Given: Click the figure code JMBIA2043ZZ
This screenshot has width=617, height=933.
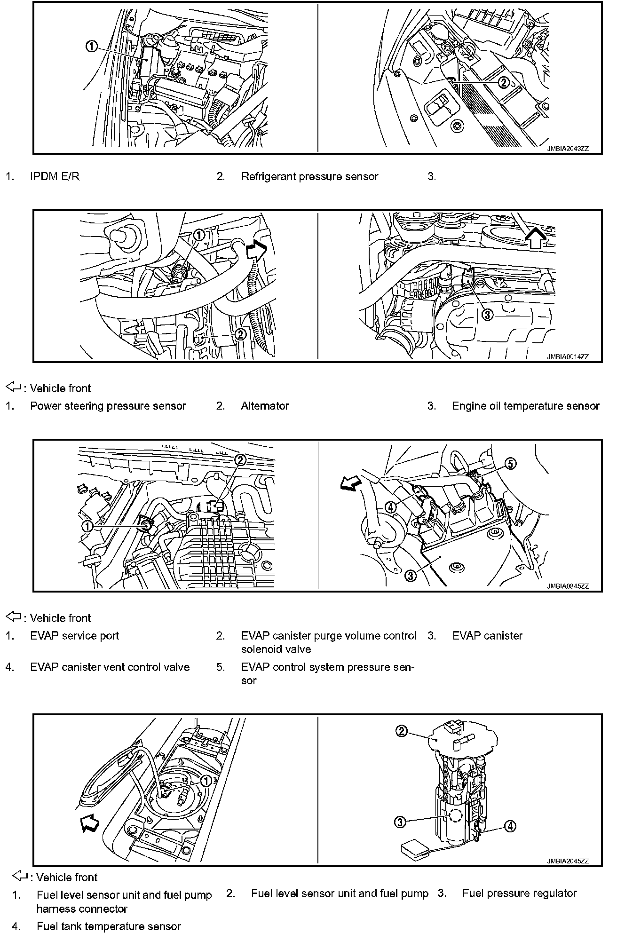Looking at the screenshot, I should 568,148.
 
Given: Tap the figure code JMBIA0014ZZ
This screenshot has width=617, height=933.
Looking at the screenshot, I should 568,357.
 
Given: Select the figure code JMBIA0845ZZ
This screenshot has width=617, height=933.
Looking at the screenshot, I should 568,586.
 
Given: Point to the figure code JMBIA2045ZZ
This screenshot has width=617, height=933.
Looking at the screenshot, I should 568,861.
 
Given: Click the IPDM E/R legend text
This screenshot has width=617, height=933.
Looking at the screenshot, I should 55,177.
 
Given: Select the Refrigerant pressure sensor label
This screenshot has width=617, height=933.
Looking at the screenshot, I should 309,177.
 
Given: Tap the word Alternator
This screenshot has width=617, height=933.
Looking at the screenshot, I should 265,406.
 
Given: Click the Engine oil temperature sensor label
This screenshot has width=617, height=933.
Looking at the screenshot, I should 525,406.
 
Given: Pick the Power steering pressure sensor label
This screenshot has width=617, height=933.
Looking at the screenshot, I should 108,406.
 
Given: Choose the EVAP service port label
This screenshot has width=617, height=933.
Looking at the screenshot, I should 74,636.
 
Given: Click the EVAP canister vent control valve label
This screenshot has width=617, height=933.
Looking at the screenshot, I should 110,667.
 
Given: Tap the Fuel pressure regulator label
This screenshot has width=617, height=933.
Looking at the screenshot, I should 519,893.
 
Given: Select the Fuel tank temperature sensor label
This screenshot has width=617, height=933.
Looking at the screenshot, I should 108,926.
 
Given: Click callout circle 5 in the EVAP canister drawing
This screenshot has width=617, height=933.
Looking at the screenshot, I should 511,464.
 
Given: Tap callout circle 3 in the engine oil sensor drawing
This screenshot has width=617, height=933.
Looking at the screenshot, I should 488,315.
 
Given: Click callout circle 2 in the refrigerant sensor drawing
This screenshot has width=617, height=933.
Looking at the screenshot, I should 503,83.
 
